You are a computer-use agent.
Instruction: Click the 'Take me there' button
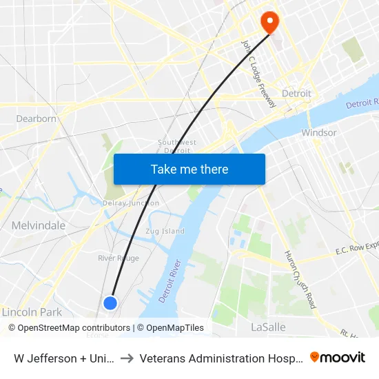point(189,169)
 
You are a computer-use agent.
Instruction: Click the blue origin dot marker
point(110,303)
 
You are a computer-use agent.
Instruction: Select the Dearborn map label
point(36,119)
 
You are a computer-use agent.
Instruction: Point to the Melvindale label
point(39,225)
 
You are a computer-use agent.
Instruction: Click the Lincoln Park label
point(32,312)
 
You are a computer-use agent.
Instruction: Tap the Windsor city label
point(319,132)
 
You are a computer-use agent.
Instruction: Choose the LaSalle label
point(268,327)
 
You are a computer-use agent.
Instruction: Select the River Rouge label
point(119,258)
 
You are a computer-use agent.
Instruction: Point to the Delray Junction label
point(131,203)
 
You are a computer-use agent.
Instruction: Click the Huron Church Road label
point(300,279)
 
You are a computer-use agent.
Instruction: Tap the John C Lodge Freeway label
point(258,73)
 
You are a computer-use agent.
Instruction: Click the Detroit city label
point(296,94)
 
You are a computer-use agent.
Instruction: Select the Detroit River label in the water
point(170,279)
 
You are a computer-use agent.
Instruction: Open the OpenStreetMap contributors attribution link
point(74,328)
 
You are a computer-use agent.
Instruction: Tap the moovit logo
point(338,358)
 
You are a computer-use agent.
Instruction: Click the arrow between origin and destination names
point(127,358)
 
